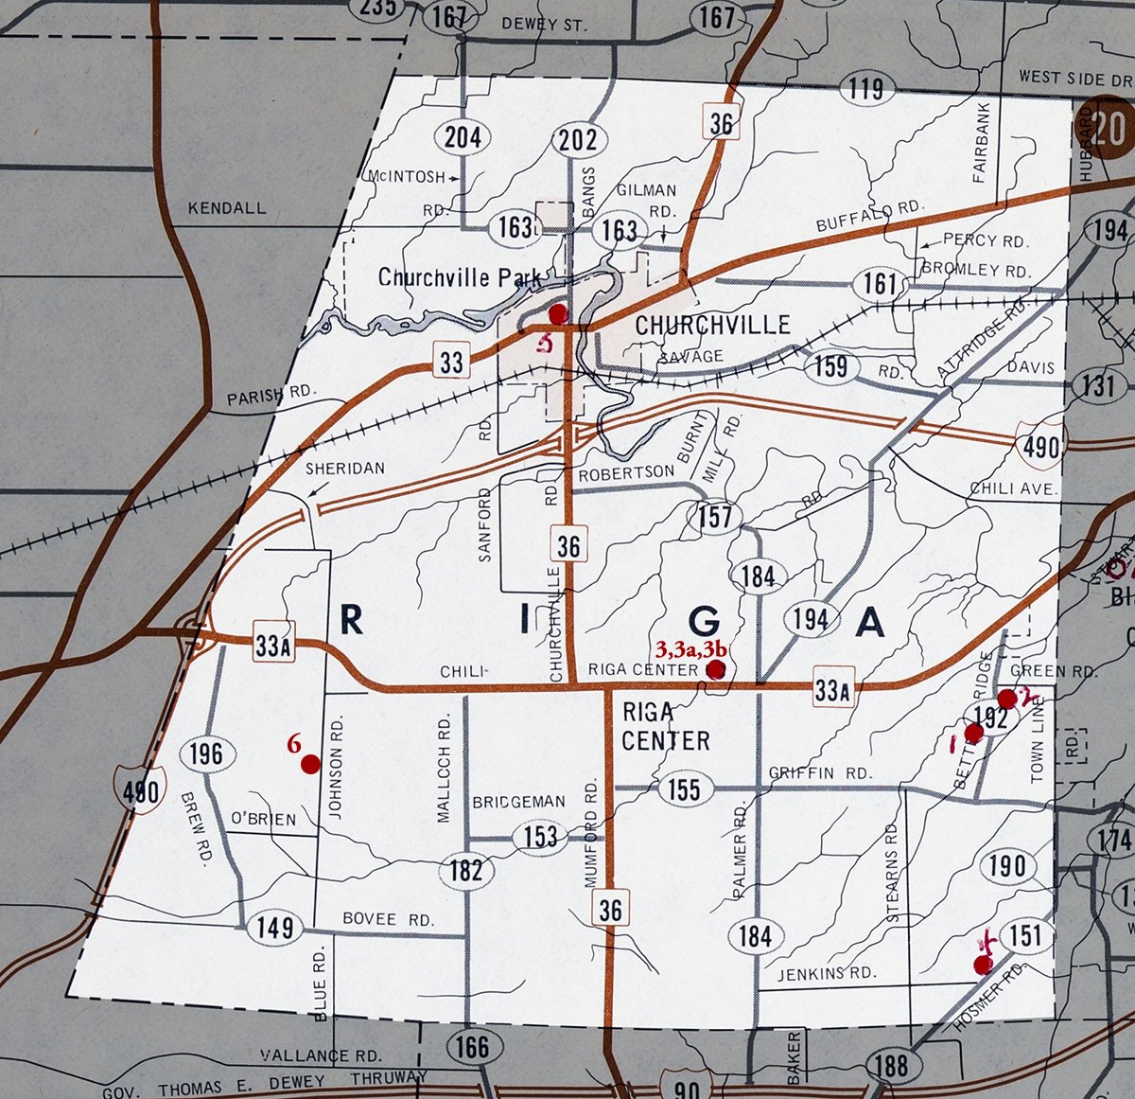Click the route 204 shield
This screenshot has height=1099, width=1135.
pos(463,138)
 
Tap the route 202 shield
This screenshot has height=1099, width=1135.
pos(577,140)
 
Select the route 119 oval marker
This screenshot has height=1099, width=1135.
pos(865,90)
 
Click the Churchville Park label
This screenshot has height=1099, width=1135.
pos(460,277)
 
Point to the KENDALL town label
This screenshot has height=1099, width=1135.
pos(227,208)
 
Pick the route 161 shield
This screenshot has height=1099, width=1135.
pos(879,283)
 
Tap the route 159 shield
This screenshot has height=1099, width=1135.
pos(830,366)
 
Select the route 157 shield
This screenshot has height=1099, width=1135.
pos(715,517)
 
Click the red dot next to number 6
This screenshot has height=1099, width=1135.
pos(309,765)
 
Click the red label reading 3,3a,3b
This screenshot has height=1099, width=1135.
pos(690,649)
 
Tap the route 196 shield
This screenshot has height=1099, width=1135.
pos(205,753)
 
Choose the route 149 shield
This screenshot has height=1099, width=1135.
pos(274,927)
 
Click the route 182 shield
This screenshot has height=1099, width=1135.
pos(465,869)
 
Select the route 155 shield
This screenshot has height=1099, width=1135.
pos(683,789)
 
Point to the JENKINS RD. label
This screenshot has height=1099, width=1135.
pos(827,972)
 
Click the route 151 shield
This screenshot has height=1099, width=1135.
pos(1025,936)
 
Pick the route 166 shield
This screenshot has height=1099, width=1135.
pos(471,1046)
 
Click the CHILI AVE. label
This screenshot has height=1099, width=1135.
pos(1012,488)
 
